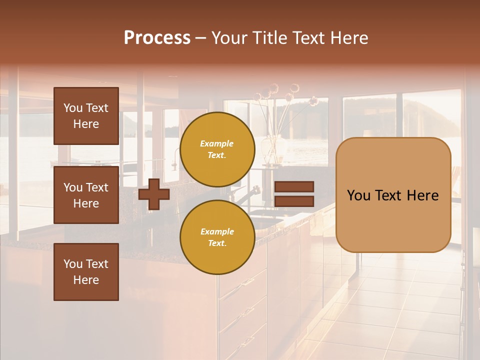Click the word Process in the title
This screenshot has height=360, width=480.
click(x=157, y=38)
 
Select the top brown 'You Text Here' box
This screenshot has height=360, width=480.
click(x=86, y=116)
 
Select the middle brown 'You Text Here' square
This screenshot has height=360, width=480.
click(x=86, y=195)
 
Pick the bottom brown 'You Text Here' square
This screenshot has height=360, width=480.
click(x=86, y=272)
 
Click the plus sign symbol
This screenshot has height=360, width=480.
click(x=154, y=194)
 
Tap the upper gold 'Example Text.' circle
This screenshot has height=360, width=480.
click(x=217, y=149)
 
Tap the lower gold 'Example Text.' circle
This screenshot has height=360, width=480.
click(x=217, y=237)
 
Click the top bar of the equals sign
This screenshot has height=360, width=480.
click(x=294, y=187)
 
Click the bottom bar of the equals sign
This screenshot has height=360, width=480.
click(x=294, y=201)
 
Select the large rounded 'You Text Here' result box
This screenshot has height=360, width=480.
click(x=393, y=195)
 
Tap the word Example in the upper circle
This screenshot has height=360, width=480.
click(x=217, y=143)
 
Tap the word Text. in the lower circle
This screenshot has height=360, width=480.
click(x=217, y=243)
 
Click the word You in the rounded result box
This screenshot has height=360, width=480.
click(x=359, y=195)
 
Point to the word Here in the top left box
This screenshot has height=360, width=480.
click(x=86, y=124)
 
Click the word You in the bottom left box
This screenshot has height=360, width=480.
click(x=73, y=264)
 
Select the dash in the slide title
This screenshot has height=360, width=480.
click(x=201, y=38)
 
